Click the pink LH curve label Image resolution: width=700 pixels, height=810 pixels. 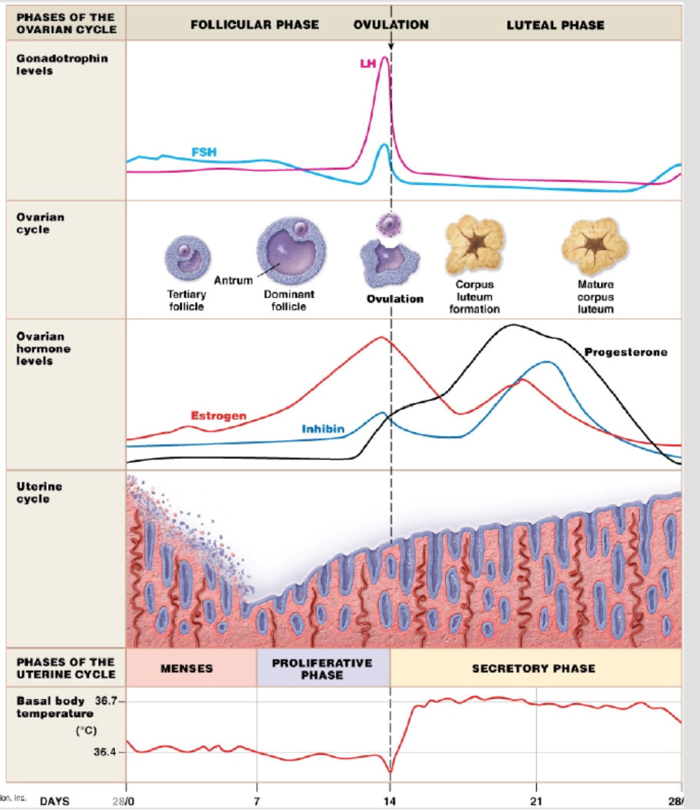[367, 65]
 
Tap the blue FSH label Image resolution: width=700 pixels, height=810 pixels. [204, 152]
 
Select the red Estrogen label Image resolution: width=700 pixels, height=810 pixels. [219, 415]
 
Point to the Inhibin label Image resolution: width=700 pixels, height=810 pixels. [323, 429]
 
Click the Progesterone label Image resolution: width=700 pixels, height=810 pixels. [625, 352]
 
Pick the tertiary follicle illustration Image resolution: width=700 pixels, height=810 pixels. [186, 258]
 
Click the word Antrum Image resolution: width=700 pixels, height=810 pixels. [232, 280]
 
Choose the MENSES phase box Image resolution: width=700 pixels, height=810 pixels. [186, 668]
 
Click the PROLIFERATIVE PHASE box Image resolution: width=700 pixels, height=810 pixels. [322, 668]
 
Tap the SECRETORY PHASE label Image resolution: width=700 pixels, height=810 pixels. [534, 668]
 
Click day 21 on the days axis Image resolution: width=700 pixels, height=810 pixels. [535, 800]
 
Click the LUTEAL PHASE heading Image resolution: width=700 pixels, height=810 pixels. [555, 25]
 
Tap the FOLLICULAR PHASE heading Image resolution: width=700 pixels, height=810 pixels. [255, 24]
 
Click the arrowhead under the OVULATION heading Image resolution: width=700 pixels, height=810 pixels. [391, 47]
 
